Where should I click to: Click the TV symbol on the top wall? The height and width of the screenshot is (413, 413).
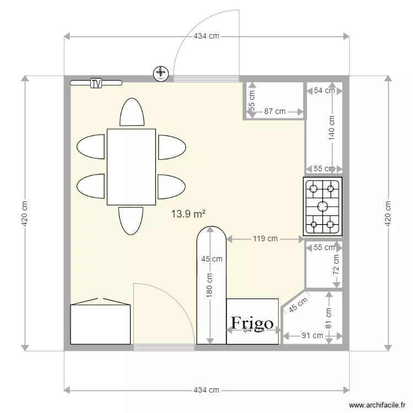pyautogui.click(x=96, y=84)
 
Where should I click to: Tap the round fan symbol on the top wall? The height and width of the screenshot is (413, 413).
pyautogui.click(x=161, y=73)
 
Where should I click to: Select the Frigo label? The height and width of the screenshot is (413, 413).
pyautogui.click(x=252, y=323)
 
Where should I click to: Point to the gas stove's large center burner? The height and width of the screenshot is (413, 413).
pyautogui.click(x=322, y=206)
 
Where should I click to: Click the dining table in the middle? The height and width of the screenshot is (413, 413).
pyautogui.click(x=131, y=166)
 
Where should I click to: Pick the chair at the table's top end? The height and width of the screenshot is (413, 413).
pyautogui.click(x=132, y=112)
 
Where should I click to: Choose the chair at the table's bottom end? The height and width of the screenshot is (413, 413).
pyautogui.click(x=131, y=220)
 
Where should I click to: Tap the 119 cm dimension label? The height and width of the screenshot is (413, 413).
pyautogui.click(x=265, y=239)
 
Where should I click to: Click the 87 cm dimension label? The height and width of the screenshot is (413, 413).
pyautogui.click(x=275, y=111)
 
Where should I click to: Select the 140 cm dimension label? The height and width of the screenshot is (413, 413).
pyautogui.click(x=332, y=128)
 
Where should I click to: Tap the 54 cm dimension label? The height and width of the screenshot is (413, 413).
pyautogui.click(x=324, y=91)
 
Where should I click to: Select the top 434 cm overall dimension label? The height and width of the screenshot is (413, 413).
pyautogui.click(x=206, y=36)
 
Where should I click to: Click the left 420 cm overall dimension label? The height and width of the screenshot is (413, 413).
pyautogui.click(x=25, y=213)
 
